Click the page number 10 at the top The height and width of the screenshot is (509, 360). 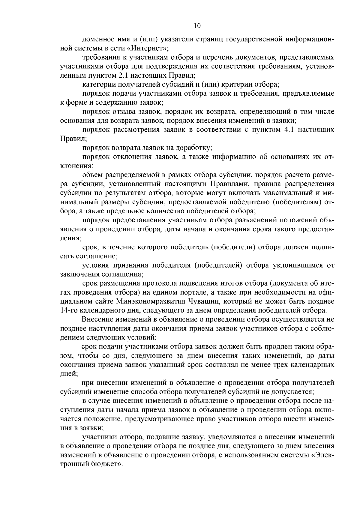click(x=197, y=26)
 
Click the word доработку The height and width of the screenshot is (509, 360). click(x=193, y=148)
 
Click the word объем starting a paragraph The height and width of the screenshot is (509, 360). click(x=91, y=175)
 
